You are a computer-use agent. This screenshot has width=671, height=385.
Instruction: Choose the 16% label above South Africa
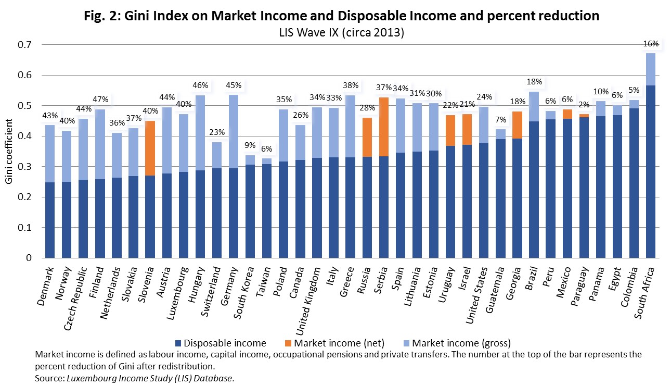(x=651, y=44)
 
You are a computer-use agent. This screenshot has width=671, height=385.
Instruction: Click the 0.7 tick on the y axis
(x=23, y=45)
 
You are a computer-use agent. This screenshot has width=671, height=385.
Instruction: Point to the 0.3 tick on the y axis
(x=23, y=167)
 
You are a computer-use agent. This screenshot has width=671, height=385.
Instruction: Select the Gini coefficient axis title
(x=10, y=151)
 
